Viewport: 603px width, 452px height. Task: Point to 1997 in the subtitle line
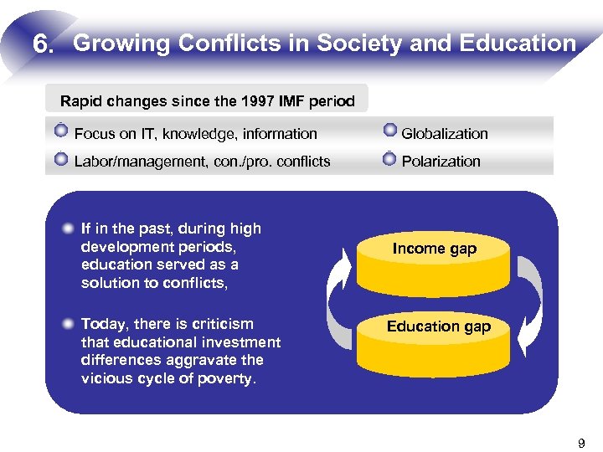(x=234, y=102)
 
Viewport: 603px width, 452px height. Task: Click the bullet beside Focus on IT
(x=60, y=132)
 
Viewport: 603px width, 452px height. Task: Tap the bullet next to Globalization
(x=389, y=131)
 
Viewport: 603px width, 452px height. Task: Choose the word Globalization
(x=444, y=134)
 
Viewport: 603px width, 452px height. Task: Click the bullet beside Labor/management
(x=60, y=160)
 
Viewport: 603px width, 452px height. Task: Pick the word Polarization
(x=441, y=162)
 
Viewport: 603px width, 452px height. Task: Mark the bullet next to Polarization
(x=389, y=159)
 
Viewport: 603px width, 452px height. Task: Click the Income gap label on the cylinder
(x=434, y=249)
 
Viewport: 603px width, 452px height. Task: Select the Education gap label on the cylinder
(x=438, y=326)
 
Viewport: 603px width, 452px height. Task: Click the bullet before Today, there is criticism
(x=67, y=324)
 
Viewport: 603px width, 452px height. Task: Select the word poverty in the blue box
(x=229, y=378)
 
